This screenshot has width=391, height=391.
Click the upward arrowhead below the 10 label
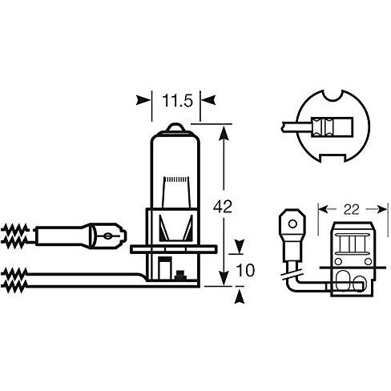pos(238,298)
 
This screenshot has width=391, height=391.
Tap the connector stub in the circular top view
pos(297,126)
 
